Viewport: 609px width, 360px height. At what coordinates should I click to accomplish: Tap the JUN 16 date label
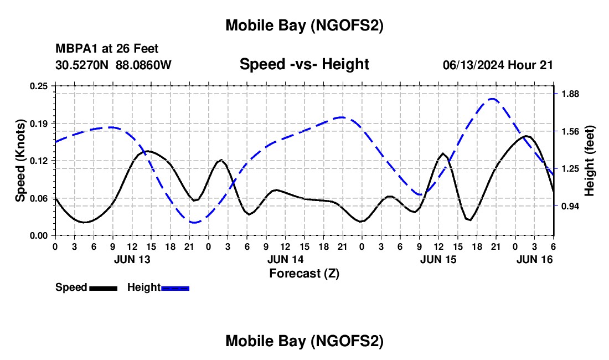click(534, 259)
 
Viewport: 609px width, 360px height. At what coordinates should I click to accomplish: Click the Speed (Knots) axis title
click(20, 161)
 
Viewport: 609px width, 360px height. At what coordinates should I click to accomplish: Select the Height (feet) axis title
click(590, 161)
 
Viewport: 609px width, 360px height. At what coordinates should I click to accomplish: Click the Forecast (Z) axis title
click(304, 273)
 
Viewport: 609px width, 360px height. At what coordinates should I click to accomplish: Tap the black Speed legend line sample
click(103, 288)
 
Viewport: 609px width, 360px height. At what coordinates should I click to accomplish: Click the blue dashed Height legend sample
click(176, 288)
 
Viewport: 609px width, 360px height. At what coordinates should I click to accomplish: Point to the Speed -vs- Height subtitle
click(304, 64)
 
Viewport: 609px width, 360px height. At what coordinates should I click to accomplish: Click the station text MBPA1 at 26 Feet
click(107, 49)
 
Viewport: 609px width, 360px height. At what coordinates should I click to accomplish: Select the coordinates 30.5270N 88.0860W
click(113, 65)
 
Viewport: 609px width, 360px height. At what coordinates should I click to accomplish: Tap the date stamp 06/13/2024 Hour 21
click(498, 65)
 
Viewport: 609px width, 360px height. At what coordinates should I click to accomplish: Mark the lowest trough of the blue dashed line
click(194, 223)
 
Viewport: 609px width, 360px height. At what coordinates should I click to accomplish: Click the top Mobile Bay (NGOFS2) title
click(304, 25)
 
